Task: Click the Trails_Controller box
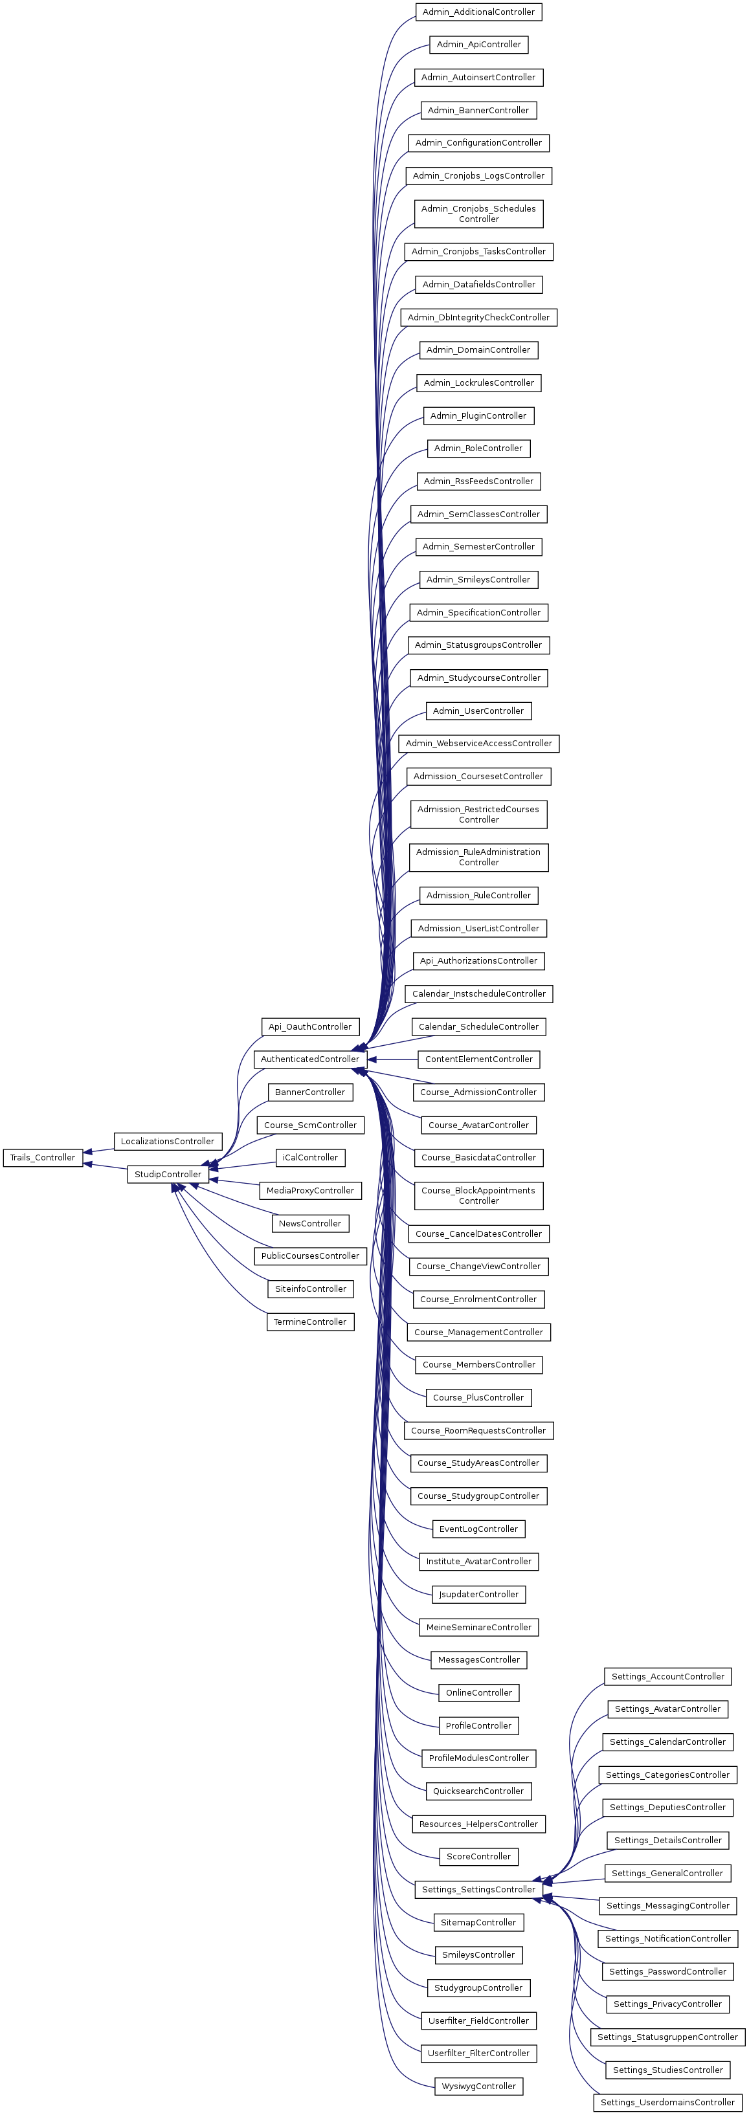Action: tap(43, 1158)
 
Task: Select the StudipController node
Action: tap(168, 1174)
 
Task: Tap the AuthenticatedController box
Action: tap(309, 1059)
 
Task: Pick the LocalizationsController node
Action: tap(168, 1141)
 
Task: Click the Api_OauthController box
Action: tap(309, 1026)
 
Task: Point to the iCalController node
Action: tap(309, 1158)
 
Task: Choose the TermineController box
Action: tap(309, 1322)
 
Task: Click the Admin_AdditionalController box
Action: tap(478, 12)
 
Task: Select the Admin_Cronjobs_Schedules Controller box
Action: tap(478, 214)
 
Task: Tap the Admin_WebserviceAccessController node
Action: tap(478, 743)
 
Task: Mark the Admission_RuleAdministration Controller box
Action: tap(478, 857)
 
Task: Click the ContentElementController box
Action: tap(478, 1059)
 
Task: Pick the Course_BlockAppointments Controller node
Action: tap(478, 1195)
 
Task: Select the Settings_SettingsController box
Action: tap(478, 1889)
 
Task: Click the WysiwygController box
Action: tap(478, 2085)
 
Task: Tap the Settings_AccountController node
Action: tap(667, 1677)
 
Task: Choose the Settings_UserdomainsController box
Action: tap(667, 2102)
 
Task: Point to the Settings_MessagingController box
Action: tap(667, 1905)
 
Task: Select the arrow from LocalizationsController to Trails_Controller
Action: tap(98, 1150)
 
